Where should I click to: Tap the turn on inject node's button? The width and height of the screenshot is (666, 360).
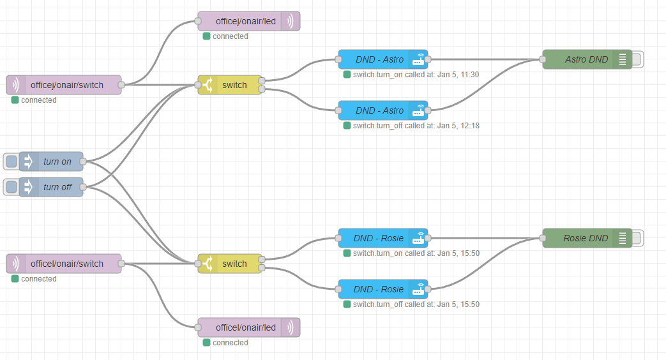click(11, 161)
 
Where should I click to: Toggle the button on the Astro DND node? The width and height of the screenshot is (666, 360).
click(638, 59)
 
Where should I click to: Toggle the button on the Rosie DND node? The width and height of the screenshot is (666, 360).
click(638, 238)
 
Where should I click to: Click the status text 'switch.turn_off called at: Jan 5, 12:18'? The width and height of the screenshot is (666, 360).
click(416, 126)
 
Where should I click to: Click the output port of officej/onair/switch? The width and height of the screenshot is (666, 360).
click(121, 85)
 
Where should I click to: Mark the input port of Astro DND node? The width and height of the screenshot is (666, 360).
click(543, 59)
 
